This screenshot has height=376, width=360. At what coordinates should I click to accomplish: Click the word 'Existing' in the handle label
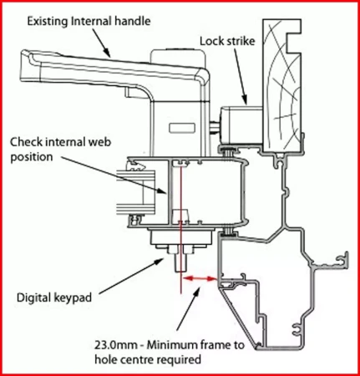pos(48,22)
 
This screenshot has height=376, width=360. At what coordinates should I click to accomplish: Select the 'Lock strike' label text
pos(227,41)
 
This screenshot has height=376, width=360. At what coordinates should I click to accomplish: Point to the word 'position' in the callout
pos(32,157)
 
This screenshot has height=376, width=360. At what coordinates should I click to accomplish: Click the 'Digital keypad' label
pos(54,297)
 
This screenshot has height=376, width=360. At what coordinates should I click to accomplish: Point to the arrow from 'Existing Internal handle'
pos(102,43)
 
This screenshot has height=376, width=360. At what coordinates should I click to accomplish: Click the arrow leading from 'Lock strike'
pos(241,76)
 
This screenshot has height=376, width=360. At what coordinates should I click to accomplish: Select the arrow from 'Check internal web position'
pos(114,175)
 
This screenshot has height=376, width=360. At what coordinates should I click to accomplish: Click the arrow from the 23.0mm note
pos(189,308)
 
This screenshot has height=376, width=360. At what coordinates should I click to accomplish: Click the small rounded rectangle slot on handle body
pos(182,128)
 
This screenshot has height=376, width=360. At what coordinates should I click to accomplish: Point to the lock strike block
pos(241,124)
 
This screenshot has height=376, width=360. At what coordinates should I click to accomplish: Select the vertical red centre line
pos(180,228)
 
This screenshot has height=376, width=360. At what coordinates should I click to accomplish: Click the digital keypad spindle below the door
pos(180,262)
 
